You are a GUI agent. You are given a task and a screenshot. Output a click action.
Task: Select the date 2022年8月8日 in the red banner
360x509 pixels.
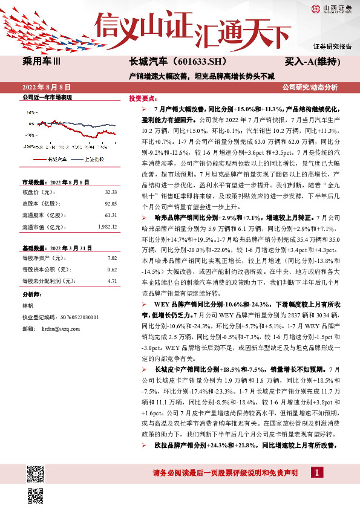click(47, 87)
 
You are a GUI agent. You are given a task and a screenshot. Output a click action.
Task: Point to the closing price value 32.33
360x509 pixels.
click(110, 192)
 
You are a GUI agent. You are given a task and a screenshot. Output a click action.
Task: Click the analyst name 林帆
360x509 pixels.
click(28, 306)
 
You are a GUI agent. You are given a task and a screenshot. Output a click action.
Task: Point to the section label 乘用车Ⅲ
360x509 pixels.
click(40, 62)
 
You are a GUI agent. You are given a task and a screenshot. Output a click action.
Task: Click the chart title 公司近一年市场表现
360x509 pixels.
click(47, 97)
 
